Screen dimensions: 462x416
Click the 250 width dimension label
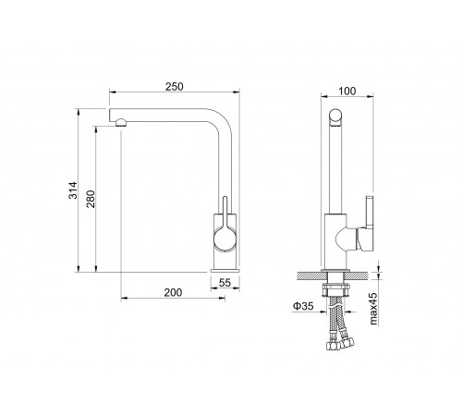pyautogui.click(x=174, y=87)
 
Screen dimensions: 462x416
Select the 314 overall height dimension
pyautogui.click(x=73, y=190)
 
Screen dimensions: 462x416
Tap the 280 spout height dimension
pyautogui.click(x=91, y=199)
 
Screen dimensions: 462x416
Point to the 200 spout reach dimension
pyautogui.click(x=173, y=292)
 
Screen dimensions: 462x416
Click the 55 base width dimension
pyautogui.click(x=225, y=283)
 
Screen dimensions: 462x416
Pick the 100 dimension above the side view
pyautogui.click(x=347, y=91)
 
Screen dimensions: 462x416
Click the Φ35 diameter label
pyautogui.click(x=303, y=306)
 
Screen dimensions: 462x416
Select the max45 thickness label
pyautogui.click(x=373, y=309)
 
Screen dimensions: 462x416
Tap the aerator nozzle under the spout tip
pyautogui.click(x=121, y=123)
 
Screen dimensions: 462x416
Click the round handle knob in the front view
pyautogui.click(x=225, y=239)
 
